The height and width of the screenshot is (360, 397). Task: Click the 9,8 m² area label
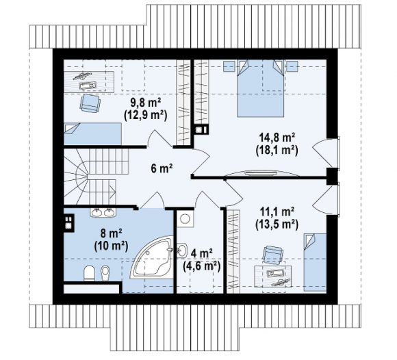point(146,103)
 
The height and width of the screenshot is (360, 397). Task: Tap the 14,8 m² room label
point(277,138)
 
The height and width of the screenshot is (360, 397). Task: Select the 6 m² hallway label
point(162,168)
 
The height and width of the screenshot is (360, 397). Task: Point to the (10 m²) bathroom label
point(111,246)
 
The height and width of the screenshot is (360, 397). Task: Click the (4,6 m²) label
point(201,266)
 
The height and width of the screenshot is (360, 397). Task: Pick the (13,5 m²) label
point(277,224)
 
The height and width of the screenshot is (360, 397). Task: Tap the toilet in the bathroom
point(89,273)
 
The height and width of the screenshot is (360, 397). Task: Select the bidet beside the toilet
point(105,273)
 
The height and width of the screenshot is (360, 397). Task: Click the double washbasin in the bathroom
point(103,212)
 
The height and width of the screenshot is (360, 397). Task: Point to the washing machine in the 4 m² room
point(185,219)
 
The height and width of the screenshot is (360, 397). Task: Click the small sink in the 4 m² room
point(181,250)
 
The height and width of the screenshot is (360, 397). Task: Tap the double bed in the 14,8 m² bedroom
point(260,88)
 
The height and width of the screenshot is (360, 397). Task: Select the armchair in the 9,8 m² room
point(90,103)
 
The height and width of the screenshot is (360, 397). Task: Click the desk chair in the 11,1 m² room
point(272,254)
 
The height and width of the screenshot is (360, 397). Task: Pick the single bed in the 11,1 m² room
point(315,262)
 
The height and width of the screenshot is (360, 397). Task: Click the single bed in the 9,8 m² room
point(92,134)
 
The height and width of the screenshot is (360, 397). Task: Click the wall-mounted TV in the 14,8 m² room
point(261,173)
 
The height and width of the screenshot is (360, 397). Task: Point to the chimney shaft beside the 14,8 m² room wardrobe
point(202,129)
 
